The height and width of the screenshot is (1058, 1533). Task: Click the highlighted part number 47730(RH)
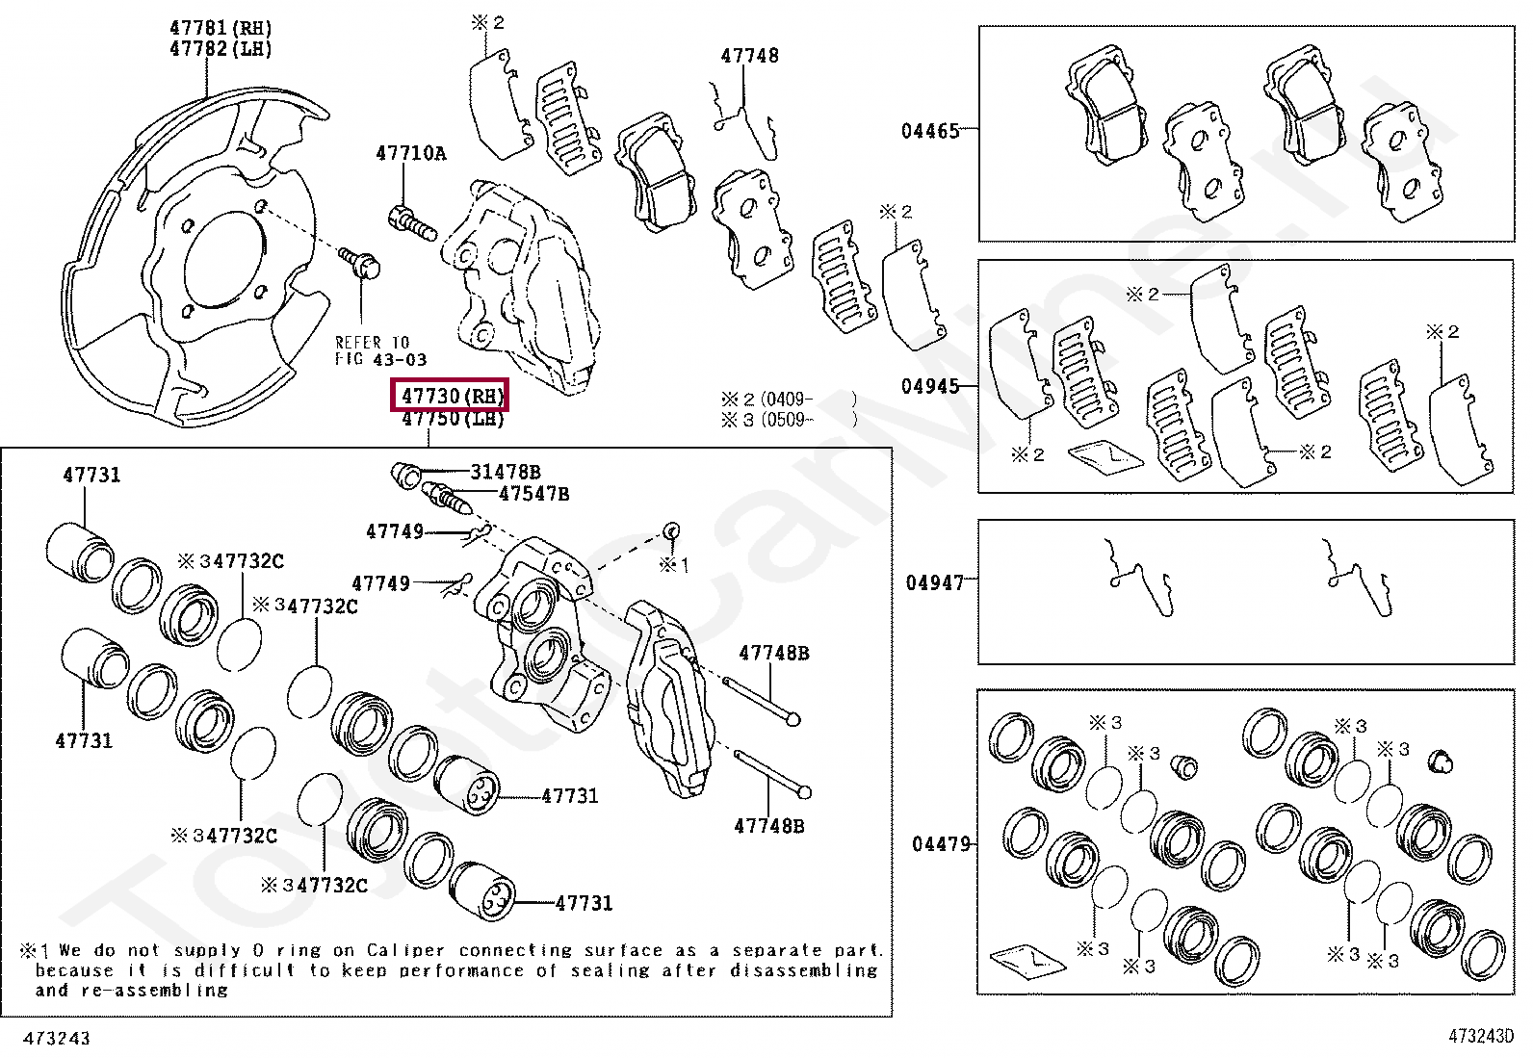[450, 396]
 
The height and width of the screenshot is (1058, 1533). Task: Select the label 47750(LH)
[453, 419]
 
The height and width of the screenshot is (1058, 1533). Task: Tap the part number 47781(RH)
[221, 29]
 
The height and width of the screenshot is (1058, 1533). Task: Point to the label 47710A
[410, 153]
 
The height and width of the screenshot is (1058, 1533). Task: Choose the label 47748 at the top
[749, 56]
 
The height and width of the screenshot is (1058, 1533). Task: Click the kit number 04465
[930, 131]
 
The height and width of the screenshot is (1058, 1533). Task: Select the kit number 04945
[930, 387]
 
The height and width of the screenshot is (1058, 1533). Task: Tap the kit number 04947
[934, 582]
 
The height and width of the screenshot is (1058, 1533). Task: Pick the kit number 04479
[941, 844]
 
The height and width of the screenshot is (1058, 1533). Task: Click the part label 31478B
[506, 472]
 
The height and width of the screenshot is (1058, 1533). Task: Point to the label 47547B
[533, 494]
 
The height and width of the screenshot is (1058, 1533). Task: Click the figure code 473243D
[1481, 1037]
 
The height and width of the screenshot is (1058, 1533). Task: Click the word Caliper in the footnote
[403, 950]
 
